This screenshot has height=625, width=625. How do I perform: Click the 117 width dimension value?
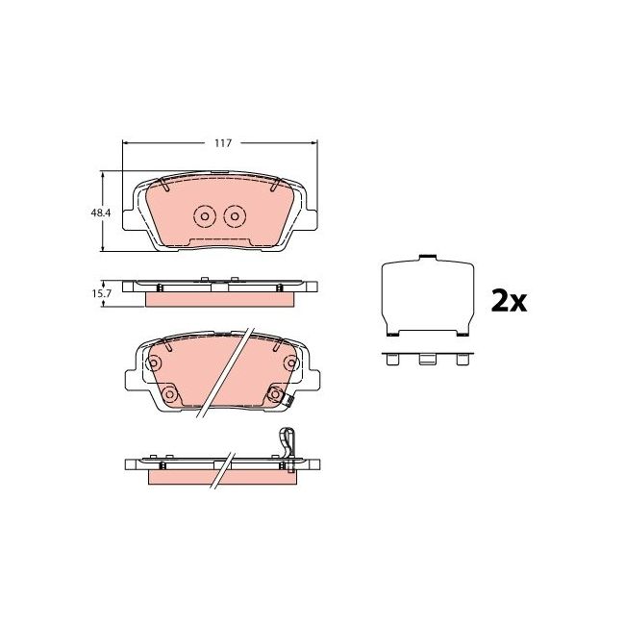click(x=222, y=142)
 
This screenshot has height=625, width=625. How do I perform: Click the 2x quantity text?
click(x=509, y=302)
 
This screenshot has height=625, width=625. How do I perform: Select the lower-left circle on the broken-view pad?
click(x=168, y=394)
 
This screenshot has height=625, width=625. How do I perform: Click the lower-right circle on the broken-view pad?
click(x=274, y=394)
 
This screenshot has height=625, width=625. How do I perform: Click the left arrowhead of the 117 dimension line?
click(x=126, y=142)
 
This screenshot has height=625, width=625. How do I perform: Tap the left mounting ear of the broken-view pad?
click(x=133, y=377)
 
